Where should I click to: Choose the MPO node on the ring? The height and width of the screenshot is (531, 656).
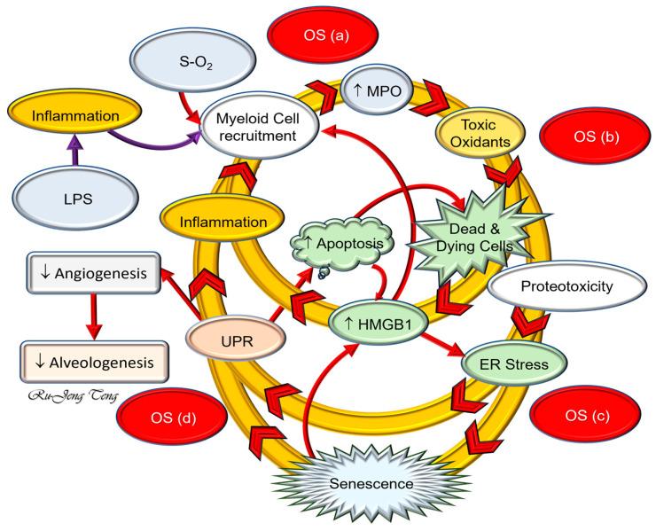tap(370, 90)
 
